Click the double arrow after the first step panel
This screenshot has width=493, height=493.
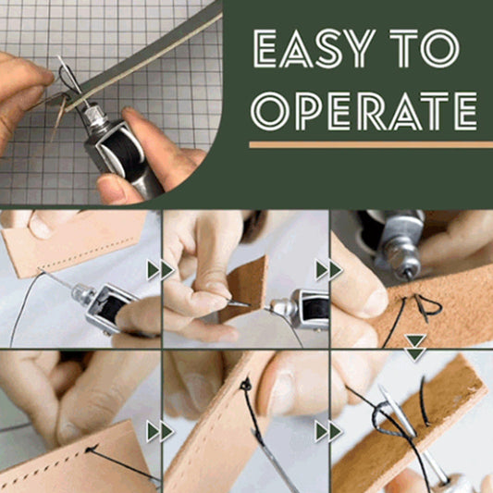(160, 270)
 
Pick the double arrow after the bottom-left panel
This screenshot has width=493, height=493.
(160, 431)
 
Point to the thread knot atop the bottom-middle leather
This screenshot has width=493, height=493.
(245, 383)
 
